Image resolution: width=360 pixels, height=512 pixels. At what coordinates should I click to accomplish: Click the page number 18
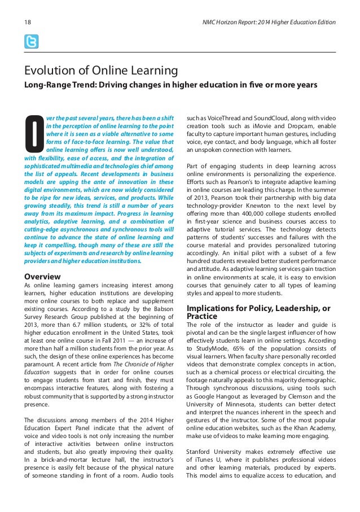[x=27, y=23]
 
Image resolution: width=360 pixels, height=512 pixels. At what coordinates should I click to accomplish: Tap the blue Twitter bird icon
[x=32, y=42]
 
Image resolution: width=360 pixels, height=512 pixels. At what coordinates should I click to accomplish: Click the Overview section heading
[x=42, y=277]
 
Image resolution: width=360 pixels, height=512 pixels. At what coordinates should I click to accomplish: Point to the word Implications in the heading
[x=212, y=309]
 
